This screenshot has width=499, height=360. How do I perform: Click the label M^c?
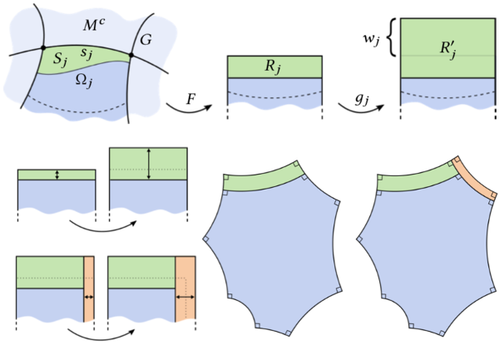point(94,25)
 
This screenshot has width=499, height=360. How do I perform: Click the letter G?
point(146,38)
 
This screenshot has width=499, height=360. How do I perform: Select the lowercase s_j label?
point(86,53)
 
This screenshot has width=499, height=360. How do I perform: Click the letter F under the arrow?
point(191,97)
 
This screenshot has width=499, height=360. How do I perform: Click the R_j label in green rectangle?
point(274,67)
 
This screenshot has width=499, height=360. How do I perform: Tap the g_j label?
point(362,98)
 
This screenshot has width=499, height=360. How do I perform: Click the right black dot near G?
point(131,56)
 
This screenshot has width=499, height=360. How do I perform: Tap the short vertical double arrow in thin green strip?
point(57,175)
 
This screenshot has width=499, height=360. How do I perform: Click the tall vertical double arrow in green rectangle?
point(148,164)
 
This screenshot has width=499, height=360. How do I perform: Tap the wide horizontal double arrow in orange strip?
point(185,295)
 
